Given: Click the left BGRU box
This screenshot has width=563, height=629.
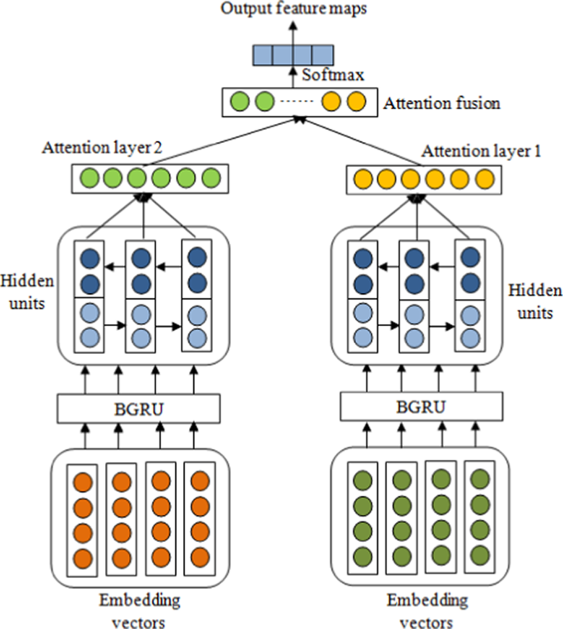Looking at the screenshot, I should coord(139,407).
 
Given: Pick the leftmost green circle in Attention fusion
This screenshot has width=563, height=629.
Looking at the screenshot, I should coord(239,103).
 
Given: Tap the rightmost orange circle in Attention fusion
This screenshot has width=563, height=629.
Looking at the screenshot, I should coord(355,103).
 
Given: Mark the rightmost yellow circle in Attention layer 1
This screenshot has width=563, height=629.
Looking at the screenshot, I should coord(484,177).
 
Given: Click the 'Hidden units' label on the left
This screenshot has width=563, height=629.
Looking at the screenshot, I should coord(30,292).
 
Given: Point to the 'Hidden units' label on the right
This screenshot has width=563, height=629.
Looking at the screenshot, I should coord(535,301).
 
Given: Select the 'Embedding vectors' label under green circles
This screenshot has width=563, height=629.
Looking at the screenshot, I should coord(419,609).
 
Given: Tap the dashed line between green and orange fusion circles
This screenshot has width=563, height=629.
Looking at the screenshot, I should coord(297,103).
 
